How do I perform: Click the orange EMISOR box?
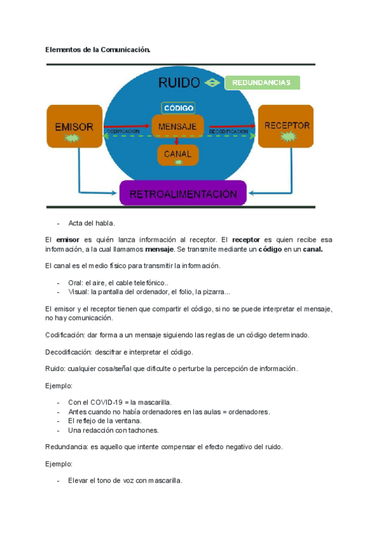(74, 130)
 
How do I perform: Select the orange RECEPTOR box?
(286, 130)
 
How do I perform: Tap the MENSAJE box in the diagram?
(177, 127)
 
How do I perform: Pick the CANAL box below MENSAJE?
(177, 155)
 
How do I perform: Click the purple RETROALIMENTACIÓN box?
(183, 194)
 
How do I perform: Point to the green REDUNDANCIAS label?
(262, 83)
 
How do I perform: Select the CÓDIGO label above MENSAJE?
(178, 108)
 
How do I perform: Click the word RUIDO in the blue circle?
(179, 83)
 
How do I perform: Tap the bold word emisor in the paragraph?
(67, 240)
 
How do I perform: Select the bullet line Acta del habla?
(92, 223)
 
